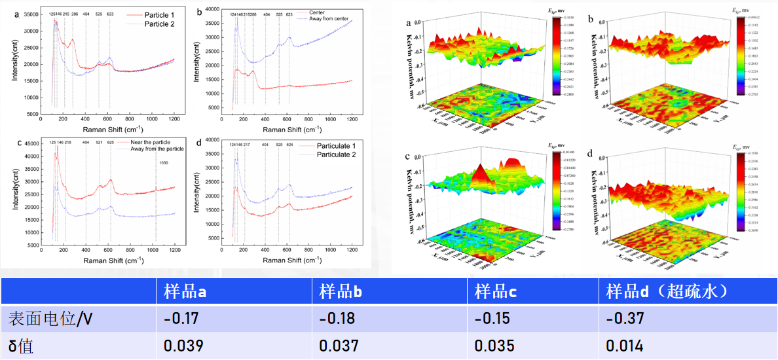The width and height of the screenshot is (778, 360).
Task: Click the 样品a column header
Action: tap(185, 292)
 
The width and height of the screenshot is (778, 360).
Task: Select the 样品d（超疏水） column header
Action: tap(669, 292)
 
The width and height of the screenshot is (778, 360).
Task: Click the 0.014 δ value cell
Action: tap(623, 346)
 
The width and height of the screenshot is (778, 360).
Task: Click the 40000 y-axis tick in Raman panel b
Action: tap(215, 9)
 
